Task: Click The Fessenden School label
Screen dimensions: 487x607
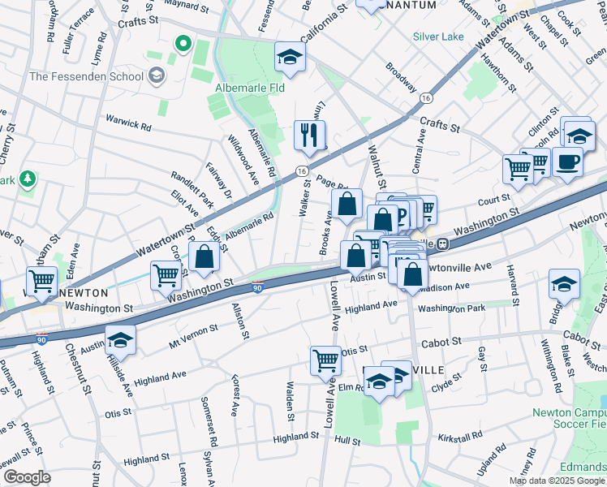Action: (x=86, y=77)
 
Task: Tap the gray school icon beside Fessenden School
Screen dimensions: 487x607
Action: (x=156, y=77)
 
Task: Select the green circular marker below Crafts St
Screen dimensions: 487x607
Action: (x=183, y=43)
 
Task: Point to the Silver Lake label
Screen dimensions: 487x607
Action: (x=438, y=37)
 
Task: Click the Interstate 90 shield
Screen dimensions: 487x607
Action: (x=256, y=288)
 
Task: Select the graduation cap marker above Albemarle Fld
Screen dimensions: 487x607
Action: (x=290, y=57)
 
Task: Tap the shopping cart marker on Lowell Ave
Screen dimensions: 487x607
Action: (x=325, y=359)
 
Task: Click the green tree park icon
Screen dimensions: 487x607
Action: (x=28, y=178)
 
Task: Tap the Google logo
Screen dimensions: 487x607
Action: (x=27, y=477)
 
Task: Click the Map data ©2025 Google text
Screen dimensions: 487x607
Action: (x=556, y=481)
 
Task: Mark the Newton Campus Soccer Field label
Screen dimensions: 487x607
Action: (x=569, y=417)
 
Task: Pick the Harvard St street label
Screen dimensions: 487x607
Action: (x=513, y=279)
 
